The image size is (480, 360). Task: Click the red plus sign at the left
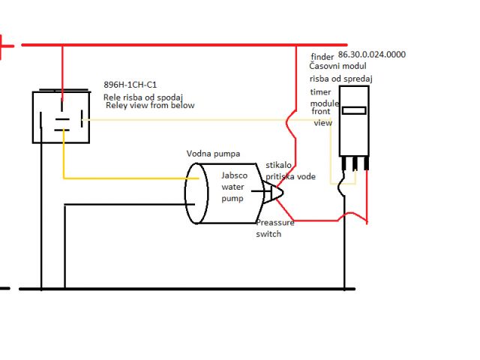[x=5, y=46]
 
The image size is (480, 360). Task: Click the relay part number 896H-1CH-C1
[x=130, y=85]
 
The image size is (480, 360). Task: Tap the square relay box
[x=60, y=116]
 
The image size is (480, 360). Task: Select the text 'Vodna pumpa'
[x=213, y=154]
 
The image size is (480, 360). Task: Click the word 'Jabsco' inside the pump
[x=234, y=175]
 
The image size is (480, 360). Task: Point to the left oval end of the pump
[x=196, y=193]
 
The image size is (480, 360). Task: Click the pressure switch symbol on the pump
[x=272, y=193]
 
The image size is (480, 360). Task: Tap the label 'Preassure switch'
[x=275, y=228]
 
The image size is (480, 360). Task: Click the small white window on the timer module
[x=353, y=110]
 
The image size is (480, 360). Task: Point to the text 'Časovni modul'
[x=342, y=67]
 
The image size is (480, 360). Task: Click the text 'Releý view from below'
[x=149, y=106]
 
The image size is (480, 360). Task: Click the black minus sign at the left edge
[x=4, y=288]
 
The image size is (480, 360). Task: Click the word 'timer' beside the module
[x=320, y=91]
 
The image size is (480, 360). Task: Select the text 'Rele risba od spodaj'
[x=142, y=96]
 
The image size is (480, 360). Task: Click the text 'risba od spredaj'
[x=342, y=78]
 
